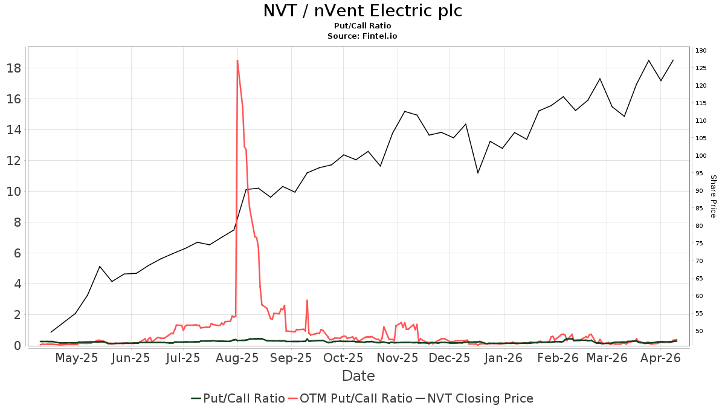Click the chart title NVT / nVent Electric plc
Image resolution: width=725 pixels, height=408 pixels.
click(362, 11)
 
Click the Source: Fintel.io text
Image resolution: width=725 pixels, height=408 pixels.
click(362, 36)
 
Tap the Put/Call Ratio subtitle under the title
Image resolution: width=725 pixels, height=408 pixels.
click(362, 26)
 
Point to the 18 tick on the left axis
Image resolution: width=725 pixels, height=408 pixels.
click(14, 68)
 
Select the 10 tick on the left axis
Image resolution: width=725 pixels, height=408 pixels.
click(14, 192)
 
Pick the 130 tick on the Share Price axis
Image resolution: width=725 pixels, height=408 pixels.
click(701, 51)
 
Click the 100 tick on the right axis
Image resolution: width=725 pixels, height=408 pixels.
click(701, 156)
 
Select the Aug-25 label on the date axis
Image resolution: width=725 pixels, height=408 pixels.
click(237, 358)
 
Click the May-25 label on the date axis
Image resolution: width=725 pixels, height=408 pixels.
click(76, 358)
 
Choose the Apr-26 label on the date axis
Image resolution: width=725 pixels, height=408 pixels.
click(660, 358)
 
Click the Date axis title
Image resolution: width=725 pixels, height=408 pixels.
click(358, 376)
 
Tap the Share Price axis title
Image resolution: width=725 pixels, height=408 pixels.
click(713, 196)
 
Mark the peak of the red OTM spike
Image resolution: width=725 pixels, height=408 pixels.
click(237, 60)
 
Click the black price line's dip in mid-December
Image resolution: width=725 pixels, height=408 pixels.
click(478, 173)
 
